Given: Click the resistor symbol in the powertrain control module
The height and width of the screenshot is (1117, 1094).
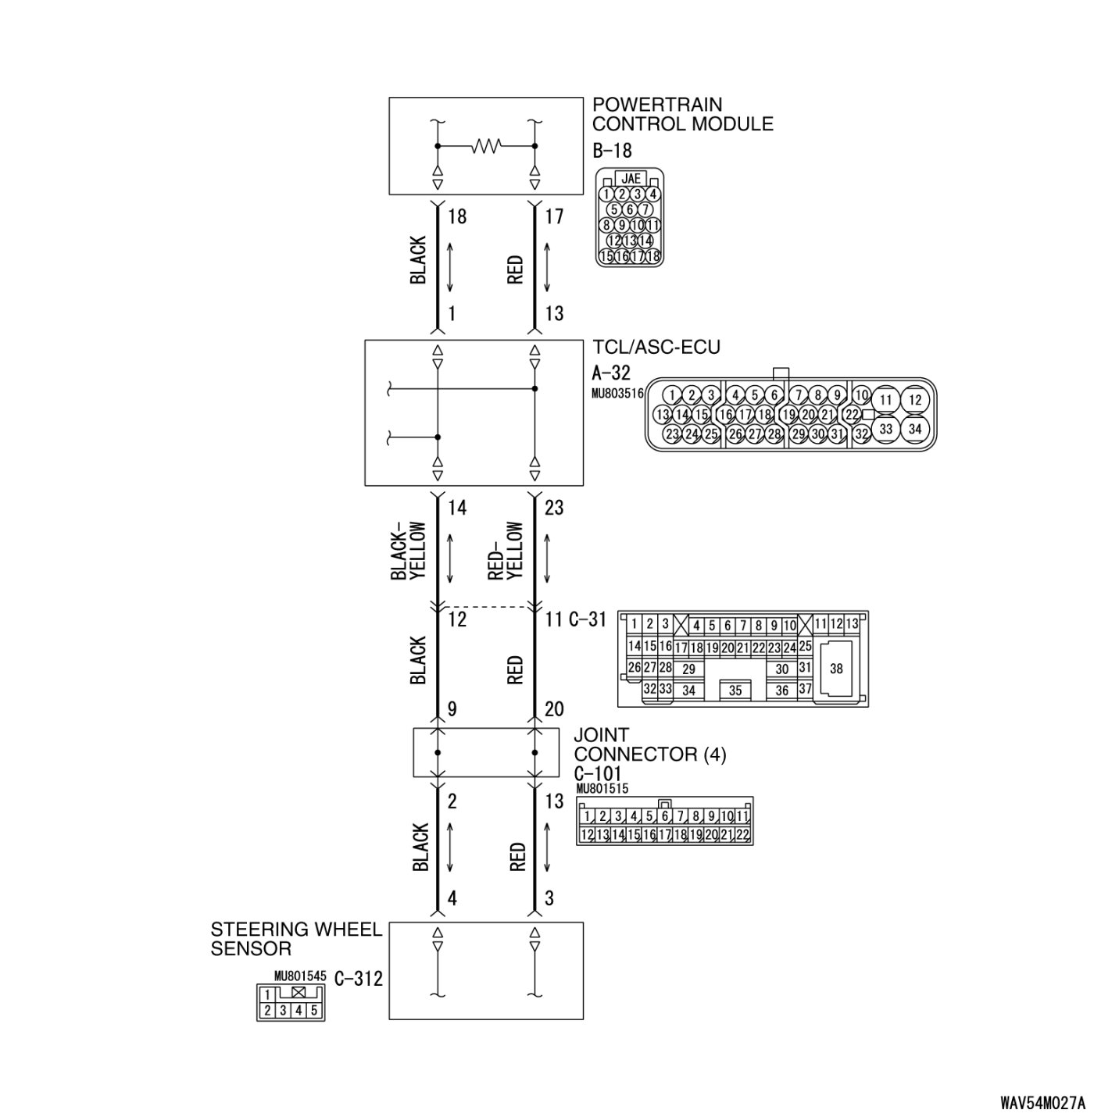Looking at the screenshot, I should [486, 146].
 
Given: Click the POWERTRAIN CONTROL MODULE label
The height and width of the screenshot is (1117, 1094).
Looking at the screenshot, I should [682, 114].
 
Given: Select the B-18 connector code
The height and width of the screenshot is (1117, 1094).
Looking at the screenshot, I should [612, 151].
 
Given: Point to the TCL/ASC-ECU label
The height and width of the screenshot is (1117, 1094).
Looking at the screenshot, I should [656, 347].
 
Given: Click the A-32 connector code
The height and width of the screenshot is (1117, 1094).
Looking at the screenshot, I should [611, 373].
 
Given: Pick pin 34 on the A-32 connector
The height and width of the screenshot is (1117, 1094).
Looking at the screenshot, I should [915, 428].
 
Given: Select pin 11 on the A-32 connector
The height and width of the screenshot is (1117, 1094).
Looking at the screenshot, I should [885, 400].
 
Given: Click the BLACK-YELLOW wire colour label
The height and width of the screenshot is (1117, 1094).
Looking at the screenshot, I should [409, 551].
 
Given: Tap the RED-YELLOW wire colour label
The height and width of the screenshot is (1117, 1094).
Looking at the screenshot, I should [506, 551].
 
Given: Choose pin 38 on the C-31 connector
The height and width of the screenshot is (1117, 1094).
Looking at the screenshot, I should [836, 669].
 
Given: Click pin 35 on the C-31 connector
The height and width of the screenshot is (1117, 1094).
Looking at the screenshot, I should [735, 691].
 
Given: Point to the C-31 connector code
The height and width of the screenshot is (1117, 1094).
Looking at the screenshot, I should [587, 620].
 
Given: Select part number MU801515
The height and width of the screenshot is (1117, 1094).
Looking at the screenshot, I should [602, 789].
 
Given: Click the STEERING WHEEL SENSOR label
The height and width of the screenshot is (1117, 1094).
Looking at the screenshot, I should [296, 939].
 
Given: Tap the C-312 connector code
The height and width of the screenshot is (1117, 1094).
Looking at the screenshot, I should [359, 978].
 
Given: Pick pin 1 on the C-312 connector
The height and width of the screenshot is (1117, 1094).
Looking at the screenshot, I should [267, 995].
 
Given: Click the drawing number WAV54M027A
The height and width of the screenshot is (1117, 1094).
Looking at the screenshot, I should [1042, 1102].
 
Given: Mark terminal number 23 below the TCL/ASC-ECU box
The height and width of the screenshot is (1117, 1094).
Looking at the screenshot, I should [554, 508].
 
